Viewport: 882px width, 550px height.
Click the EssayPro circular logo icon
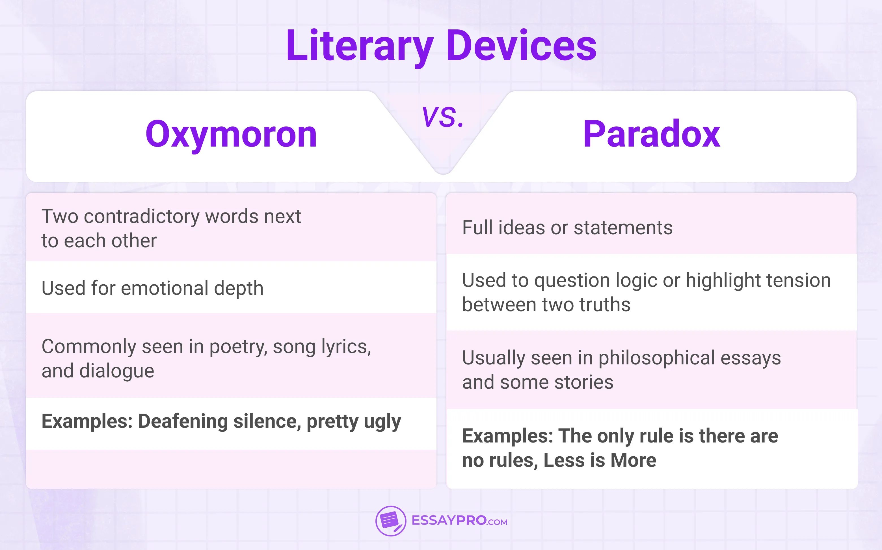coord(390,521)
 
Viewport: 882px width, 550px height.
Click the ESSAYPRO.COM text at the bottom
coord(459,521)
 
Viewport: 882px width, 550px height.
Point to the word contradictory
coord(142,217)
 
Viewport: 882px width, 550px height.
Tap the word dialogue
coord(117,371)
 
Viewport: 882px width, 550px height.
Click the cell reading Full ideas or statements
coord(567,228)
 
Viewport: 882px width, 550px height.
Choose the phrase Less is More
coord(600,461)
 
